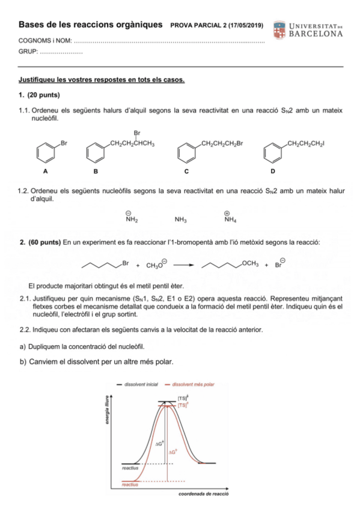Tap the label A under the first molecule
[x=45, y=171]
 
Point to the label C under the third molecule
[x=186, y=171]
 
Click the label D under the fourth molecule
[x=273, y=171]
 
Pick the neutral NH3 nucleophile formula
[x=180, y=220]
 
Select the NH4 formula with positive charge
[x=230, y=220]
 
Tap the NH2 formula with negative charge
[x=132, y=220]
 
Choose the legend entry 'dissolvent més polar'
[x=194, y=384]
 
